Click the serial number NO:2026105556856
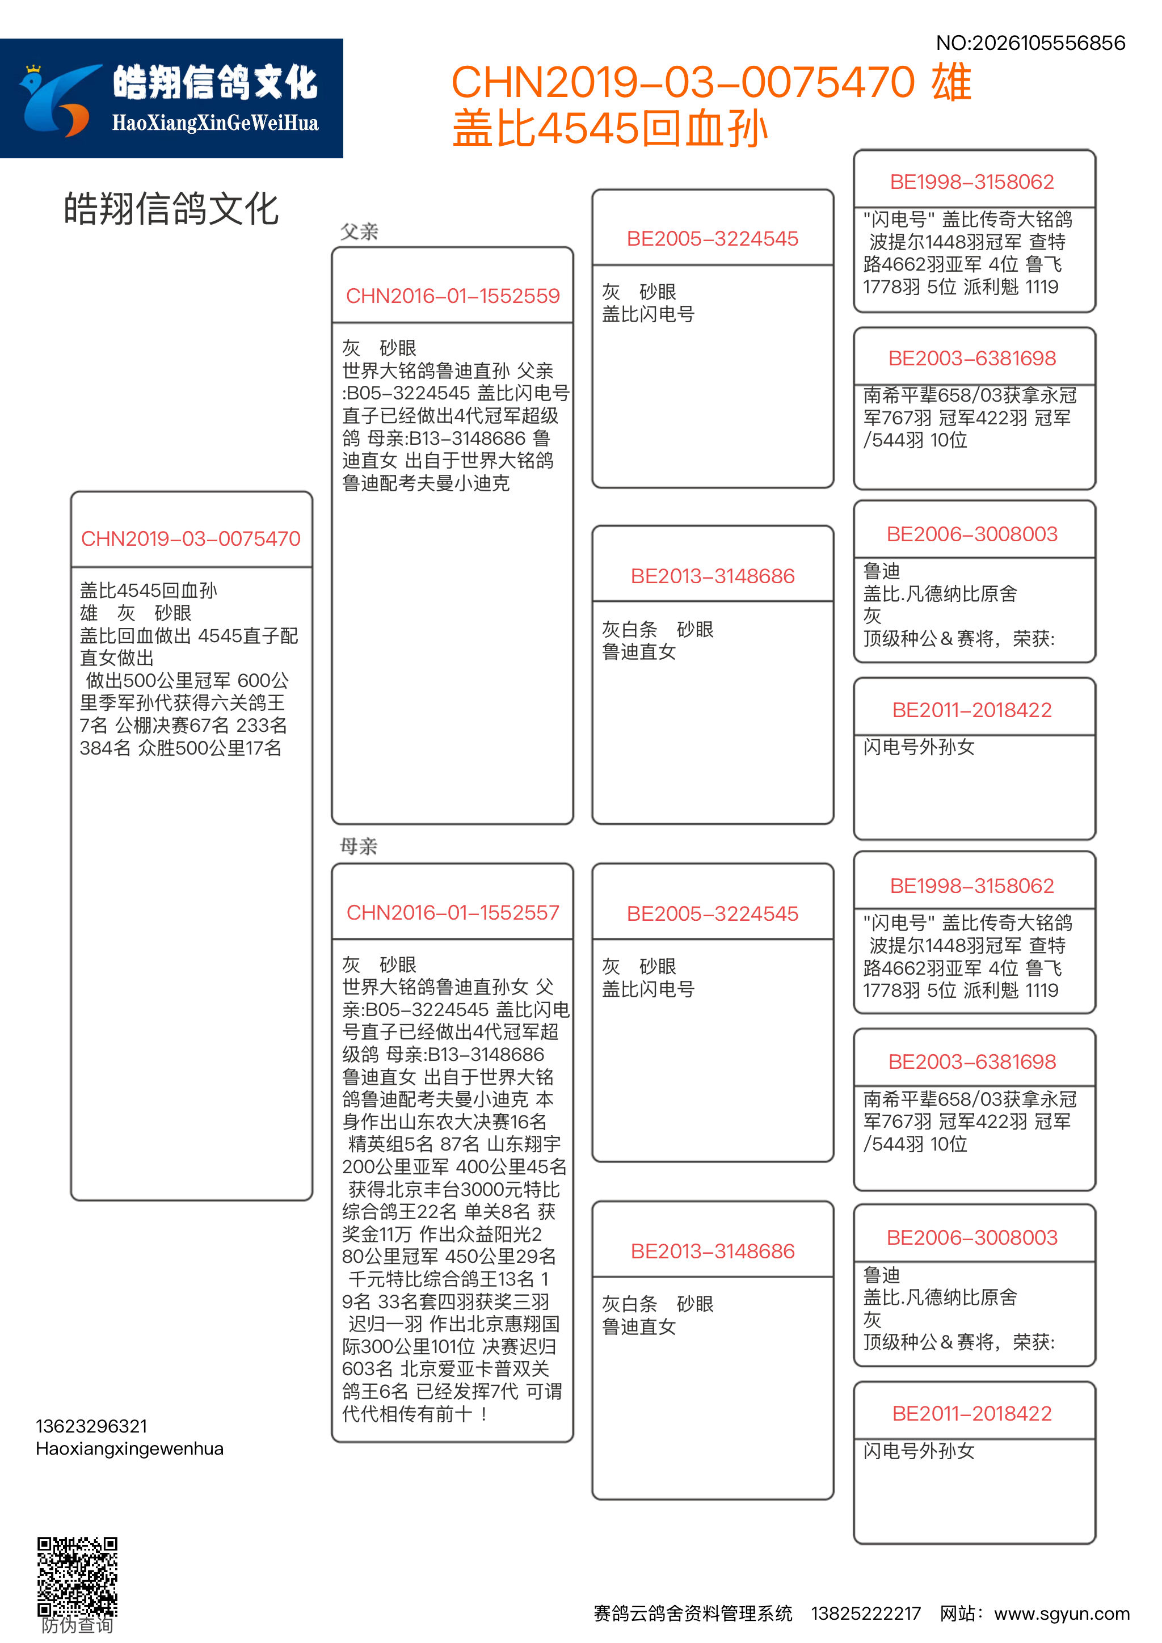pos(1030,43)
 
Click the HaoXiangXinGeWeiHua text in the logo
pos(214,124)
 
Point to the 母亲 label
pos(359,846)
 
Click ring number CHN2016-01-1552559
pos(452,296)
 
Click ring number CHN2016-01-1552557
pos(452,912)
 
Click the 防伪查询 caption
pos(77,1625)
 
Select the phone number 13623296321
pos(91,1426)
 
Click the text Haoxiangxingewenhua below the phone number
pos(129,1448)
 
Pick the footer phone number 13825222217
pos(865,1613)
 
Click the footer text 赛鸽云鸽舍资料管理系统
pos(693,1613)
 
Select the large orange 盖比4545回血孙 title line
pos(609,129)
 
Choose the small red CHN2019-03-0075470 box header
pos(191,538)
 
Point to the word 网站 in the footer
pos(957,1613)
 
